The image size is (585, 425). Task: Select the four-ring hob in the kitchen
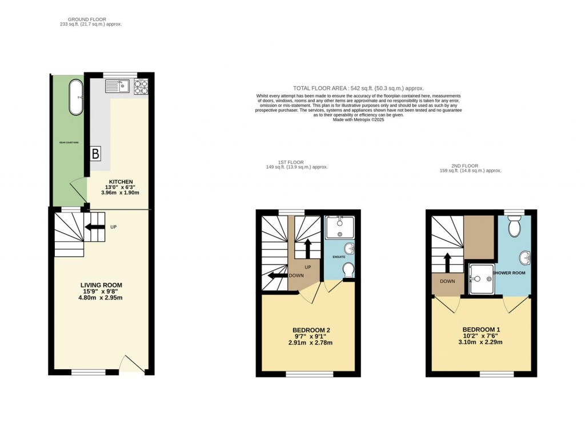[141, 86]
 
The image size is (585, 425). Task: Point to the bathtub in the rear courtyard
[75, 98]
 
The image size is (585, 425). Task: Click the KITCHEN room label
[121, 181]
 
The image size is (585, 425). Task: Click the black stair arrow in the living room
[91, 227]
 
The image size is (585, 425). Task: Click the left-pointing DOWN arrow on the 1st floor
[278, 276]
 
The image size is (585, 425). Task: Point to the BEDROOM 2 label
[311, 330]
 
